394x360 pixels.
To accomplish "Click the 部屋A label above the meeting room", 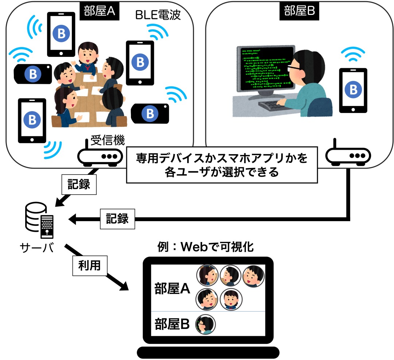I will coord(97,11).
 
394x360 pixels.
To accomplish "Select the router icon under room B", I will coord(348,156).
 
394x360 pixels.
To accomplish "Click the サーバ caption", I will coord(36,248).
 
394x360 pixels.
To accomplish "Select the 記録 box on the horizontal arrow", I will coord(117,219).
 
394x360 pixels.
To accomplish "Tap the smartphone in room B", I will coord(353,90).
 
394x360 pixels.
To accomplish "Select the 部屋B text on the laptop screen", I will coord(172,324).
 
